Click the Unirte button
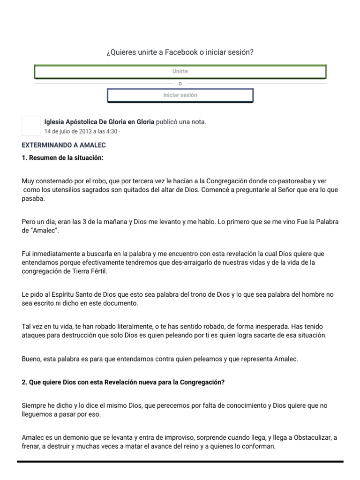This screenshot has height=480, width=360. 180,71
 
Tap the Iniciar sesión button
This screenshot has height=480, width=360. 180,95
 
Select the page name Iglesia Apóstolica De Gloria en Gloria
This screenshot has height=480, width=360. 99,122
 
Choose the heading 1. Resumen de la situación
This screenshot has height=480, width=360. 62,158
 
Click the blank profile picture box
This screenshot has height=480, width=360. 31,125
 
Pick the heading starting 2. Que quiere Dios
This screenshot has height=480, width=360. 123,382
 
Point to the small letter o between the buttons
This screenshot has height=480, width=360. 180,83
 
